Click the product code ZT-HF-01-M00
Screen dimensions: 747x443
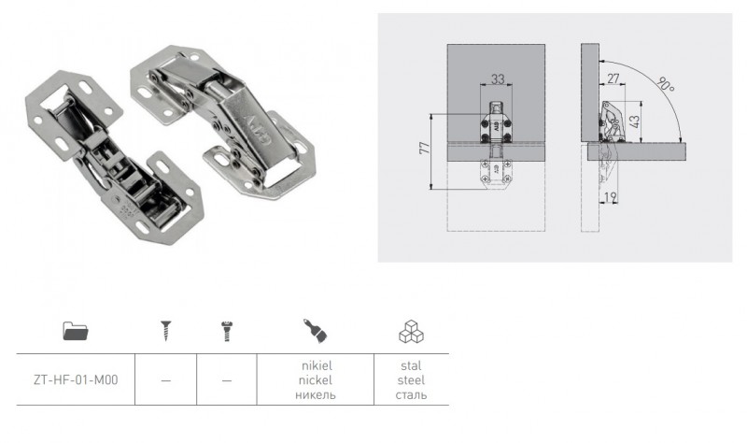pos(76,380)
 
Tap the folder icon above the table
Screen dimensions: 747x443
pos(76,331)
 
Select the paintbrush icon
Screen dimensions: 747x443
pos(316,331)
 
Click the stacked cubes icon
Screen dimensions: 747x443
pos(411,332)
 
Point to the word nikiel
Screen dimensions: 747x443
pos(317,365)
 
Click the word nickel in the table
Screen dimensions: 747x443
pos(316,380)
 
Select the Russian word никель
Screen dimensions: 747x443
pos(316,394)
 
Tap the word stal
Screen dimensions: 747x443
pos(411,365)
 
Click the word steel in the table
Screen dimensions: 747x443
pos(411,380)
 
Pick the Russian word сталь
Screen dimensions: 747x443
pos(411,394)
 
